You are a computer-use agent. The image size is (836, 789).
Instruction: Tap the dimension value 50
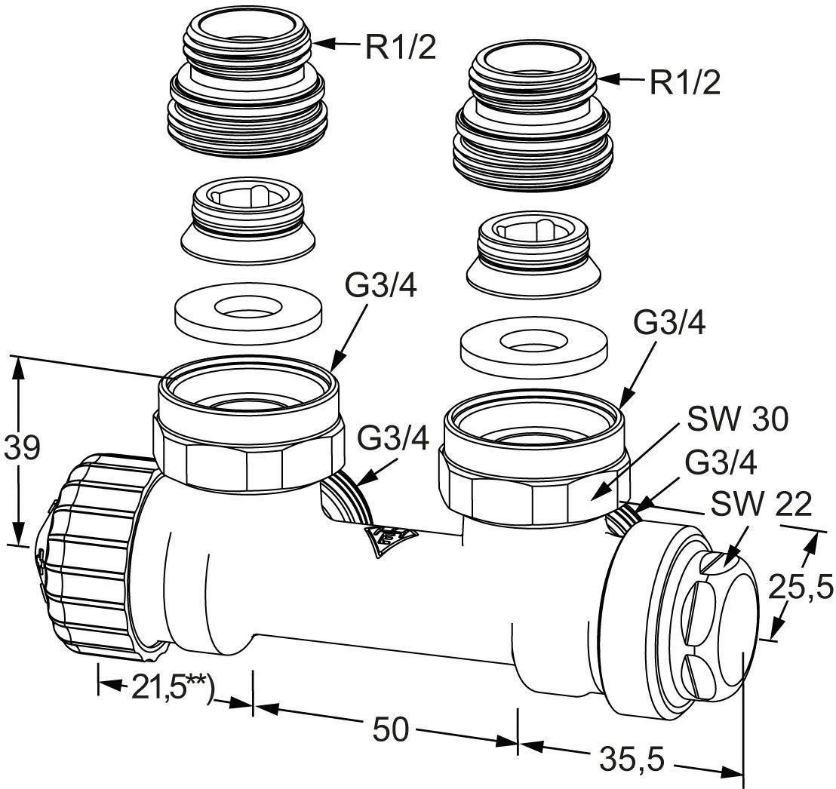point(390,729)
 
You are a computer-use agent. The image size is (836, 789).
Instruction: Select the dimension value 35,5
point(632,759)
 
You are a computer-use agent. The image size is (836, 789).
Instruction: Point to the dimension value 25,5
point(801,588)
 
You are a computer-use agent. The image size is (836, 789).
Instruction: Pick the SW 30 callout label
point(737,419)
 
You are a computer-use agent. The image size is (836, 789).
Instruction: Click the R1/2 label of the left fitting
point(401,47)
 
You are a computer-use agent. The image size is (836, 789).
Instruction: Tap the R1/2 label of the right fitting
point(685,83)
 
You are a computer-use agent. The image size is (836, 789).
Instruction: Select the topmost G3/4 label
point(381,287)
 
